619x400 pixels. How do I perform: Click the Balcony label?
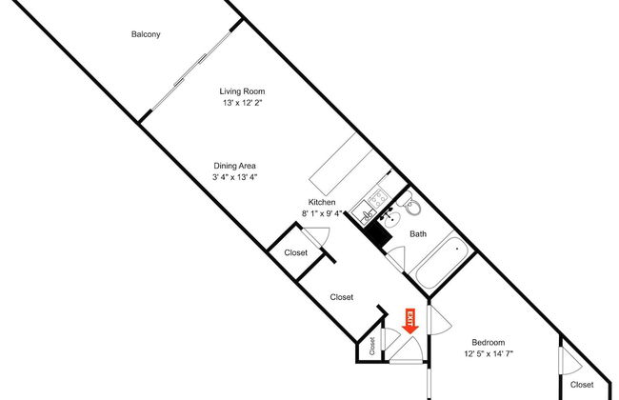(x=146, y=35)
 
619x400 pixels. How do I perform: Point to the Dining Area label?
(x=234, y=166)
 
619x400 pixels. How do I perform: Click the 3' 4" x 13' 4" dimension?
(x=234, y=177)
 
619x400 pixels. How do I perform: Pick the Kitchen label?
(x=321, y=202)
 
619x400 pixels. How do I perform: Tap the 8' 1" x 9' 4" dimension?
(x=321, y=213)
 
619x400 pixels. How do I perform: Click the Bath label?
(x=418, y=233)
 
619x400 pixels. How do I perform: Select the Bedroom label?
(x=489, y=342)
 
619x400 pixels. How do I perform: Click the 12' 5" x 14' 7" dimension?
(x=489, y=353)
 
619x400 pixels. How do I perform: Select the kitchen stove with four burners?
(x=376, y=199)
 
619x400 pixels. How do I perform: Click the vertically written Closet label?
(x=373, y=343)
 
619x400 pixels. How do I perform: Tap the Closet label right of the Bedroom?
(x=582, y=384)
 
